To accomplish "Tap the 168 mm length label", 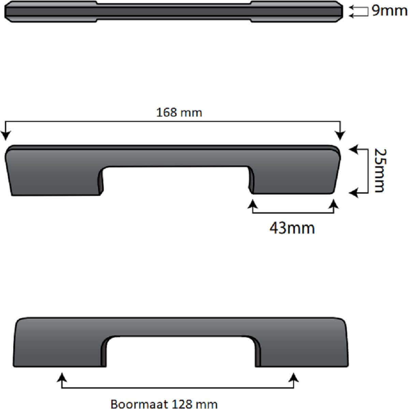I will (x=179, y=112).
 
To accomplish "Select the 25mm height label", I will (x=379, y=170).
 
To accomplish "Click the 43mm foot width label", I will (x=292, y=228).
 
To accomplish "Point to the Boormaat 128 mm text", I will (x=164, y=404).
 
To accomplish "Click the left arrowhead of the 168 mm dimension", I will (x=5, y=136).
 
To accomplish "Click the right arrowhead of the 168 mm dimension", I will (x=340, y=135).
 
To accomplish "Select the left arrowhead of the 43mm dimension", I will (x=252, y=204).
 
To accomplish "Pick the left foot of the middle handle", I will (x=55, y=181).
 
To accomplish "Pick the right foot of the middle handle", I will (x=293, y=181).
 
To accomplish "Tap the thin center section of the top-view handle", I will (x=174, y=11).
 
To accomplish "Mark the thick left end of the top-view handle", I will (x=51, y=11).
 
